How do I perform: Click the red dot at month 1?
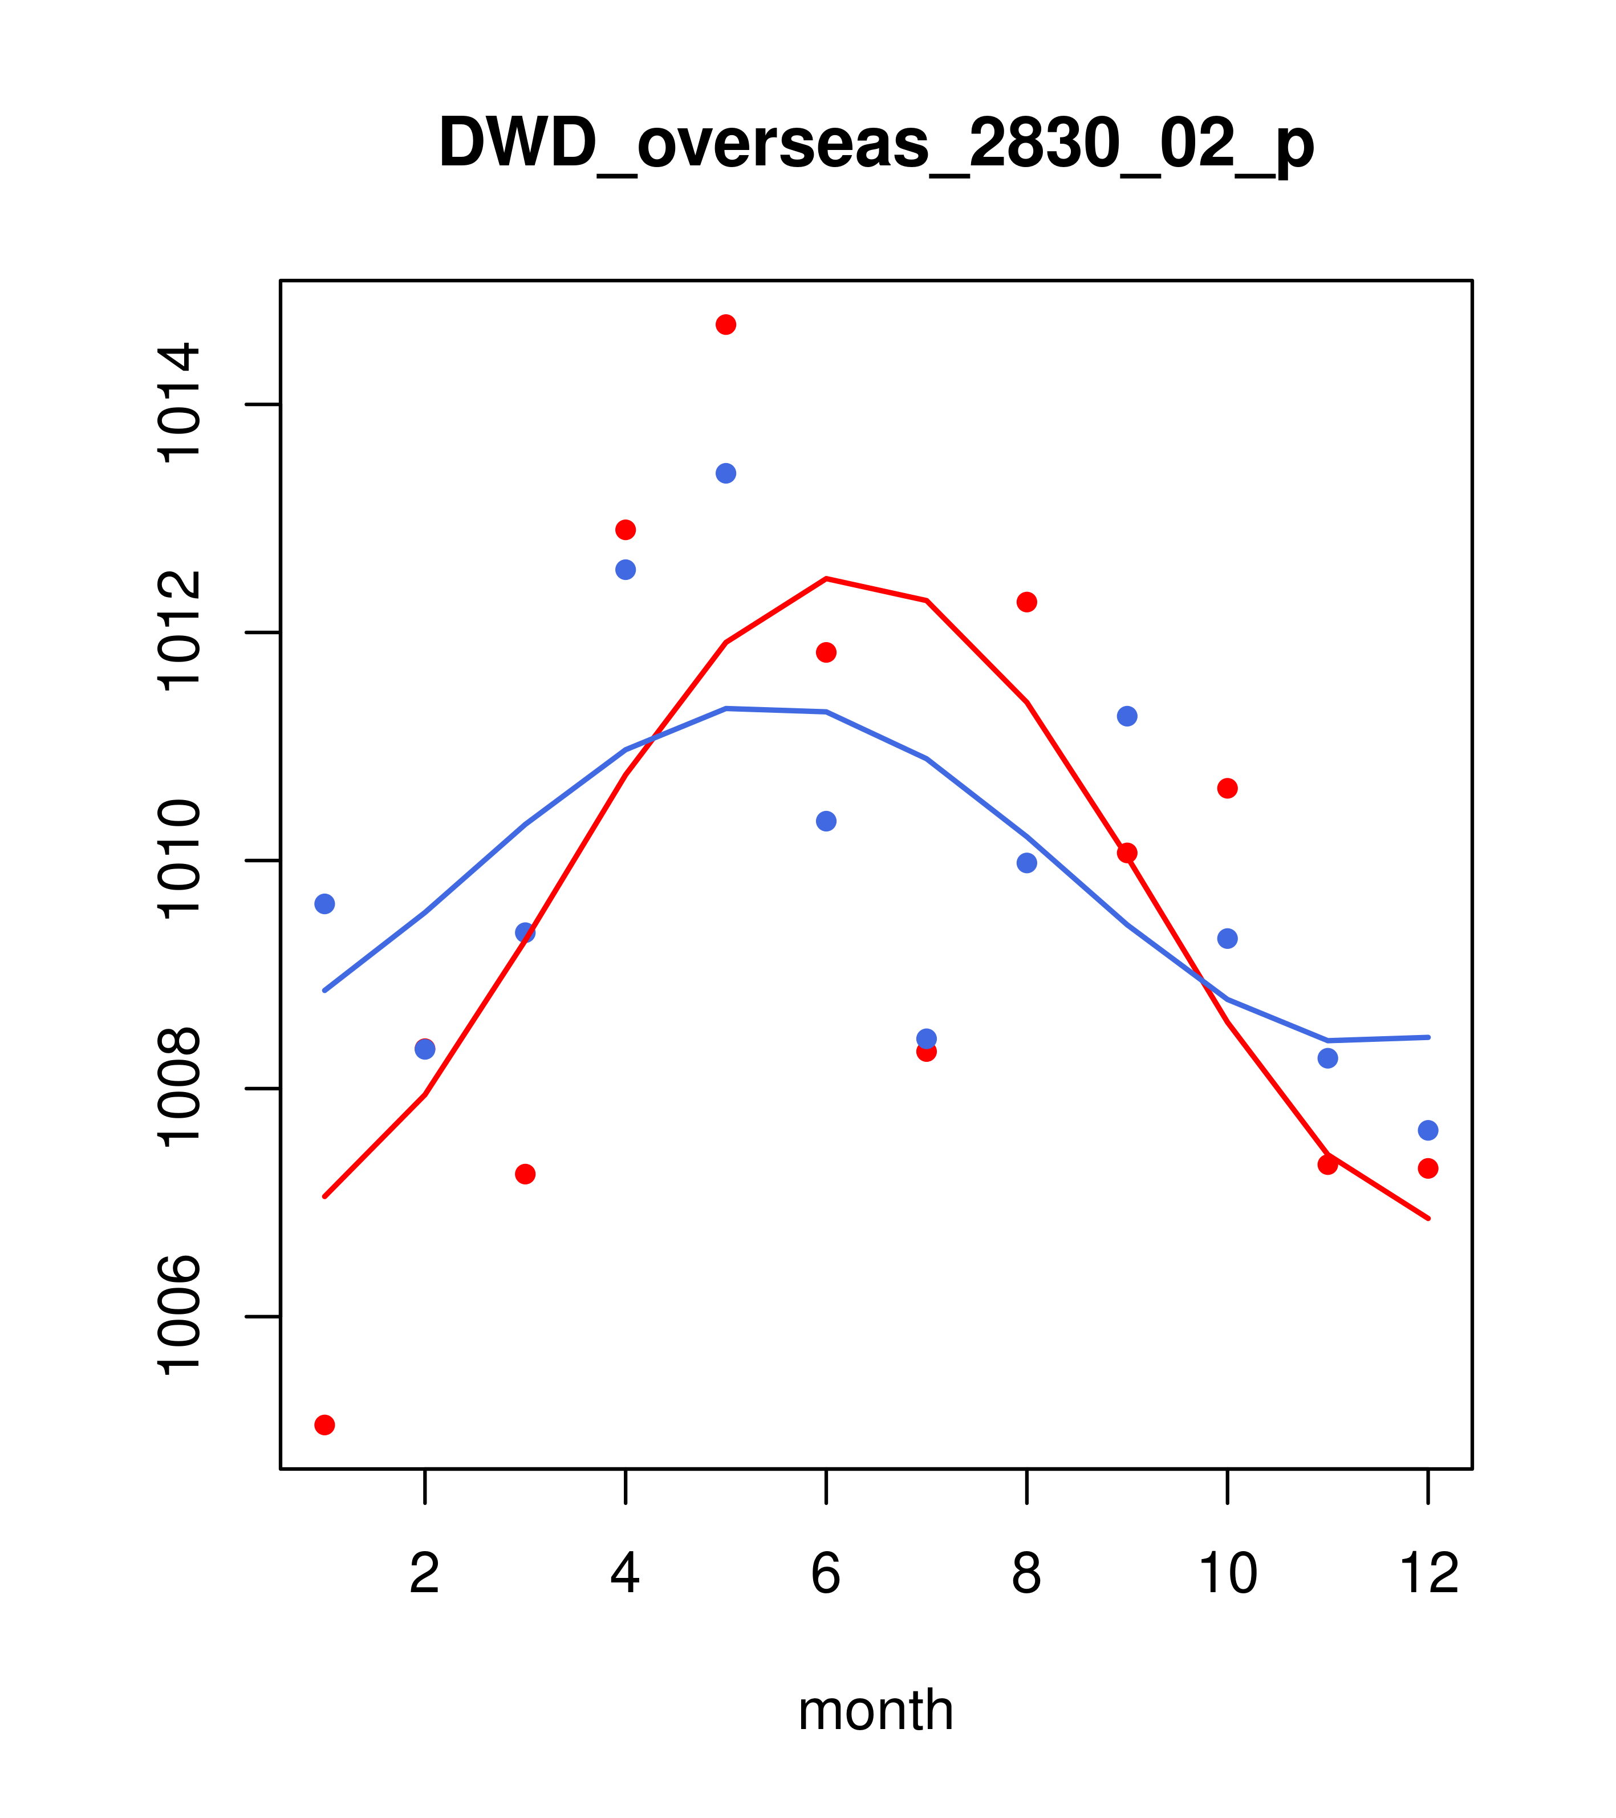pos(324,1425)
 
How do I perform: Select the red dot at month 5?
pos(726,324)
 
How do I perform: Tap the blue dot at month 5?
pos(726,473)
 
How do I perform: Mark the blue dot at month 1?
pos(324,904)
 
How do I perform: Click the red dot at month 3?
pos(526,1174)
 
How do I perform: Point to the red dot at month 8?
pos(1026,602)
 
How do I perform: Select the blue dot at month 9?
pos(1127,716)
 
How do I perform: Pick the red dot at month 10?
pos(1227,788)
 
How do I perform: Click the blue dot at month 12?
pos(1428,1130)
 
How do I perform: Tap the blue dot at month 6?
pos(826,821)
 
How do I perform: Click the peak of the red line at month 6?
pos(826,579)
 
